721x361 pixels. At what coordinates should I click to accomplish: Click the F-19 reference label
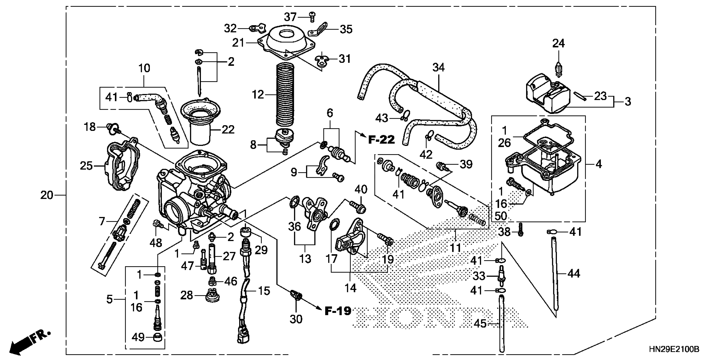pyautogui.click(x=338, y=311)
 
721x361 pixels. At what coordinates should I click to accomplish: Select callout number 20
pyautogui.click(x=46, y=195)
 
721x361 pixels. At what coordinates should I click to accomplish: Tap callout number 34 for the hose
pyautogui.click(x=438, y=68)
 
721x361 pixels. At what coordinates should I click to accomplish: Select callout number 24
pyautogui.click(x=558, y=44)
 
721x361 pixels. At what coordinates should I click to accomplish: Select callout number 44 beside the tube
pyautogui.click(x=573, y=274)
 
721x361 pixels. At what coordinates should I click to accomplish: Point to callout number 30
pyautogui.click(x=296, y=319)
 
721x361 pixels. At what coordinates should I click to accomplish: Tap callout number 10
pyautogui.click(x=144, y=68)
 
